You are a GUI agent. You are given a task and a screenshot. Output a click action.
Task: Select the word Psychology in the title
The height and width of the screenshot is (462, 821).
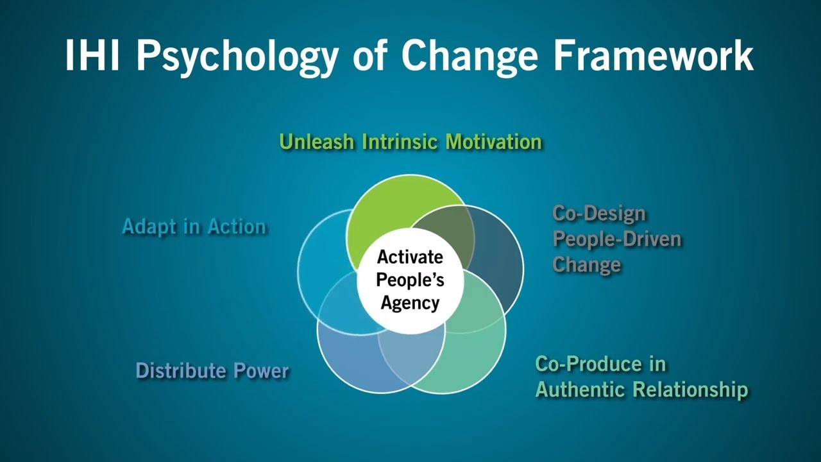click(235, 56)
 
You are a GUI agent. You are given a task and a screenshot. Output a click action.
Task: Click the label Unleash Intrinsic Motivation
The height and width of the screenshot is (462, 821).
click(410, 142)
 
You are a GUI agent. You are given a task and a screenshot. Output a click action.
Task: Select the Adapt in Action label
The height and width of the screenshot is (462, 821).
click(194, 227)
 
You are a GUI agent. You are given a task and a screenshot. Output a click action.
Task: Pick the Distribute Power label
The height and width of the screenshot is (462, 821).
click(212, 371)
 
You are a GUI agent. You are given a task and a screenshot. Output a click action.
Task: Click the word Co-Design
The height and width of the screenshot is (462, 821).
click(590, 214)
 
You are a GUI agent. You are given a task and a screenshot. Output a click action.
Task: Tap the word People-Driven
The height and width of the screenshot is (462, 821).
click(617, 239)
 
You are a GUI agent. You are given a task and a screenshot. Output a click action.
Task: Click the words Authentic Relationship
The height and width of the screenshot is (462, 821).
click(641, 389)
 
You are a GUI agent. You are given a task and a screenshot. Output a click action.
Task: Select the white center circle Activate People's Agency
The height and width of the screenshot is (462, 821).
click(410, 280)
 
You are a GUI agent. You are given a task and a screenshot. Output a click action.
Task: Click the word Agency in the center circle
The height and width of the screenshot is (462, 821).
click(410, 303)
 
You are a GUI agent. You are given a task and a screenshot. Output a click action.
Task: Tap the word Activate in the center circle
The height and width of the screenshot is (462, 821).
click(410, 257)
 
